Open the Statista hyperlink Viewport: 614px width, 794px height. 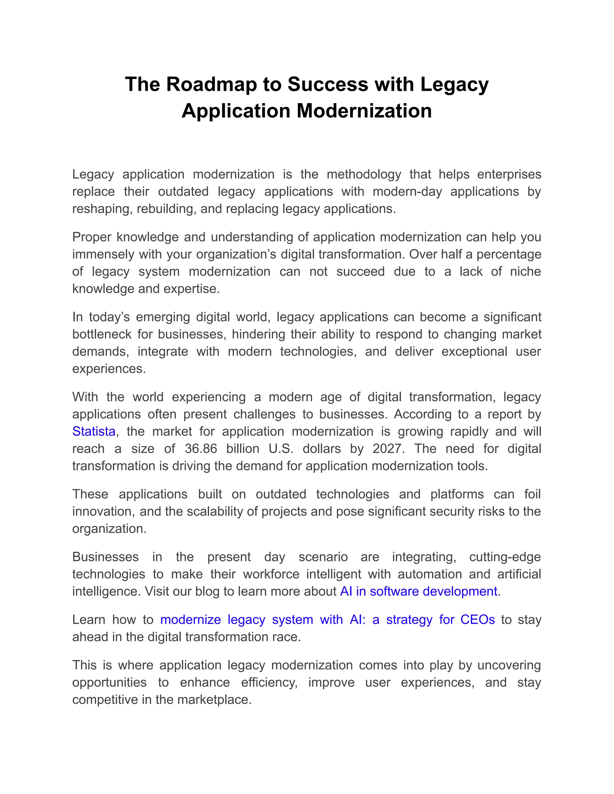point(94,431)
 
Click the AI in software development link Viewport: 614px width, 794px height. point(418,591)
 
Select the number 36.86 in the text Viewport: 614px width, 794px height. point(201,449)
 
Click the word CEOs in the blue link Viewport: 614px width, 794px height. point(477,620)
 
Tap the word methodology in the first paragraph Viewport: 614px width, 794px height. point(364,174)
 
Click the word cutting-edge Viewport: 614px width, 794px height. point(505,557)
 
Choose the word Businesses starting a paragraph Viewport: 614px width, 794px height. point(106,557)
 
